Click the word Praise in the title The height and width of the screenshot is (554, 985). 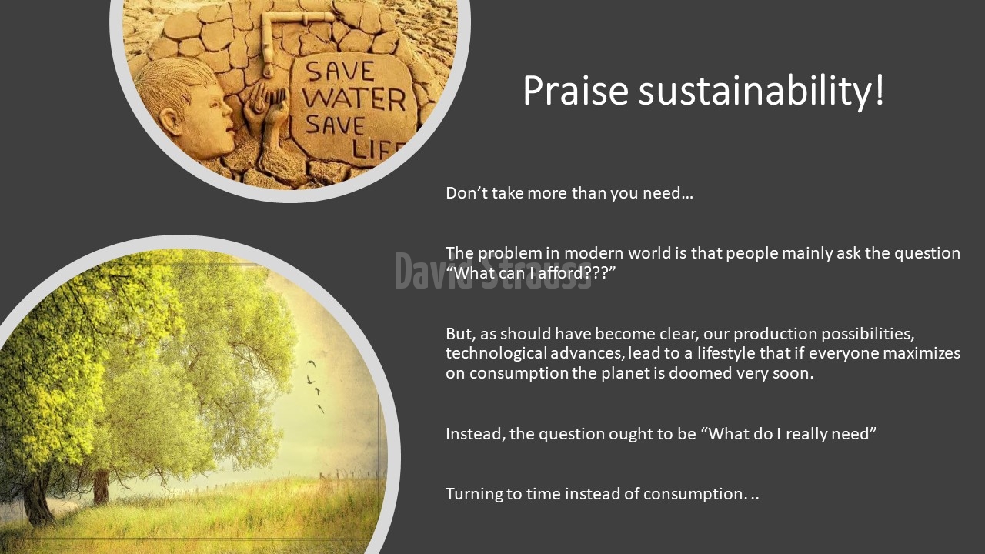click(576, 91)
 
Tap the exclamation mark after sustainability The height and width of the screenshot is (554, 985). click(879, 90)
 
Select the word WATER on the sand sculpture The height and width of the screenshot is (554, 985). click(354, 99)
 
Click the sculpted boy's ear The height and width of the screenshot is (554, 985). click(168, 122)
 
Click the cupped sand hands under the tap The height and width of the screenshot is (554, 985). click(267, 110)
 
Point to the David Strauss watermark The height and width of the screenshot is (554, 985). click(492, 272)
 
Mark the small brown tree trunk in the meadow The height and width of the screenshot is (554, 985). click(101, 486)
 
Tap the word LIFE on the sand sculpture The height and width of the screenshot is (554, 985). click(377, 150)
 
